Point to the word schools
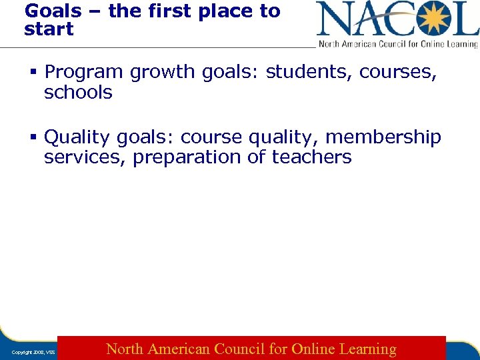click(x=78, y=93)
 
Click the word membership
click(x=383, y=137)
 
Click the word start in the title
click(x=49, y=29)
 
